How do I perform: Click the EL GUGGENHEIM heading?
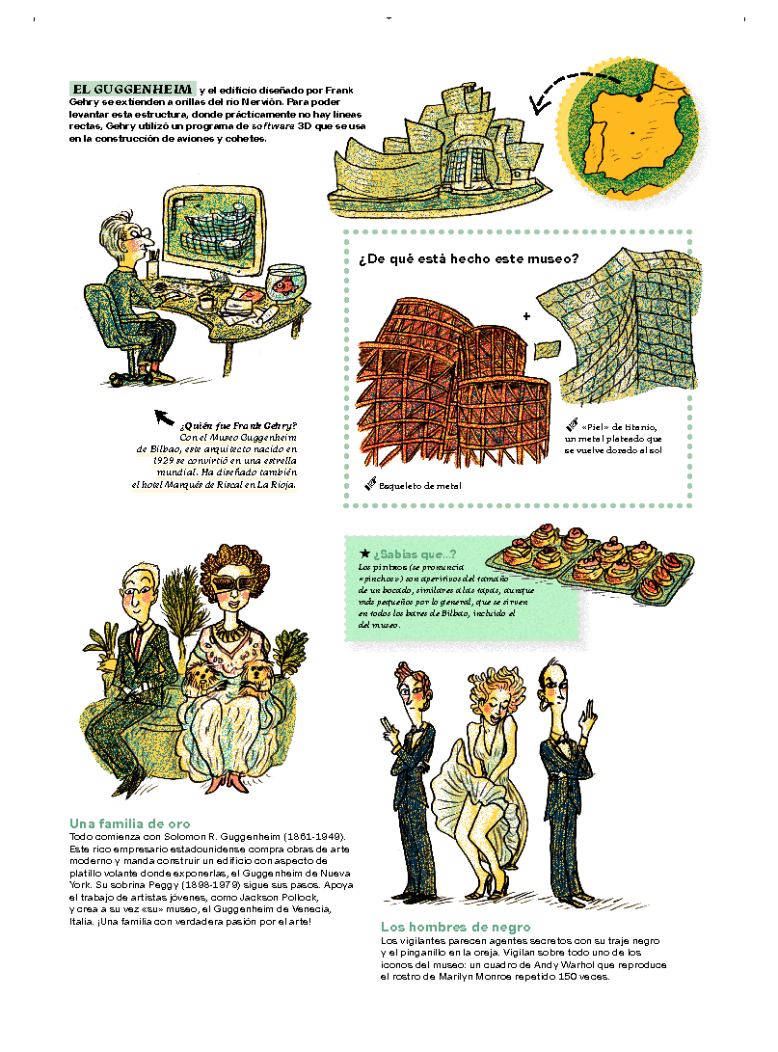132,90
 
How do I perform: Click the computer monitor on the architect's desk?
214,230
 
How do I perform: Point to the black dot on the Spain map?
639,98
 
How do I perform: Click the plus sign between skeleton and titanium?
526,316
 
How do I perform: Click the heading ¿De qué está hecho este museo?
469,259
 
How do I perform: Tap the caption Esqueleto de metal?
420,486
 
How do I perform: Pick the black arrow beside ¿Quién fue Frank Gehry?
164,418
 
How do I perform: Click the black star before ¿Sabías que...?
364,553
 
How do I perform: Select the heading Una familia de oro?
130,823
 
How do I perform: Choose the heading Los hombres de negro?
455,927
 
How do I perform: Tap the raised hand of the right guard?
588,712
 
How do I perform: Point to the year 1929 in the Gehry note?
164,461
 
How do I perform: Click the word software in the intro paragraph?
273,126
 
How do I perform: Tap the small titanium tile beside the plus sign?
548,349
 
